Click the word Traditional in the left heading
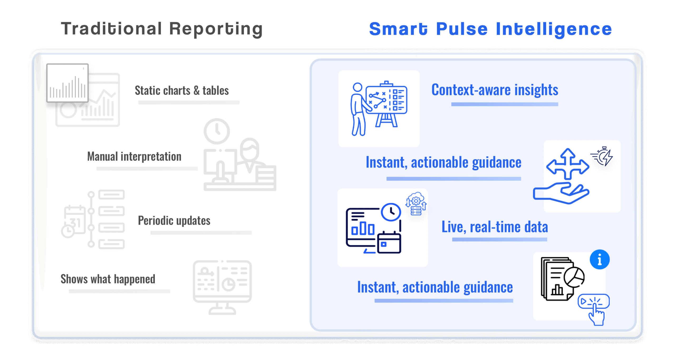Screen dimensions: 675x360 point(111,28)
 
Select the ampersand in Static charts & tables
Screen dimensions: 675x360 point(196,90)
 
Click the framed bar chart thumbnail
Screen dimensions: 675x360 point(67,83)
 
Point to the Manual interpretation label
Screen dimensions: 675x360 point(134,157)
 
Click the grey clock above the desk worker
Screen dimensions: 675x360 point(217,131)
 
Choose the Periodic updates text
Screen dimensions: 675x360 point(174,220)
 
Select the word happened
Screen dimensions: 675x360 point(134,279)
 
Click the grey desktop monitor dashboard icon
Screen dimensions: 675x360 point(222,287)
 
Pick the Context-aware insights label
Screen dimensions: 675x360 point(495,90)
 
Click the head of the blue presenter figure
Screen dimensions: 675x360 point(358,87)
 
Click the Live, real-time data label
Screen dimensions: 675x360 point(495,227)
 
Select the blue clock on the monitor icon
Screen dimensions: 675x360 point(391,212)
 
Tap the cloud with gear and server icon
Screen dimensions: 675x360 point(416,204)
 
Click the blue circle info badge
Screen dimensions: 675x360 point(600,260)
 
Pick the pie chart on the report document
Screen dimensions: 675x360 point(574,277)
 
